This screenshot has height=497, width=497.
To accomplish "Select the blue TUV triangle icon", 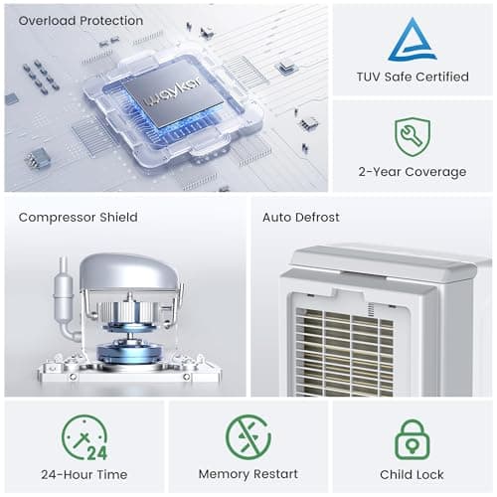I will [x=412, y=40].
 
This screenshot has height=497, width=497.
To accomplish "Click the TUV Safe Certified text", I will [x=412, y=77].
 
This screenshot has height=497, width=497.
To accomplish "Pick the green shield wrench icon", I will [x=412, y=137].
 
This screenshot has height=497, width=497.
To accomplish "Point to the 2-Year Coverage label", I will [x=412, y=172].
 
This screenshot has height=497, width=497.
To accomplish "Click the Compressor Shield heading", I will [x=78, y=217].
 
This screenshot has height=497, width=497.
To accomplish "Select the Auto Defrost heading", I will [x=301, y=217].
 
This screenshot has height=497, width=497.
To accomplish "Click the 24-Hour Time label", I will [x=84, y=474].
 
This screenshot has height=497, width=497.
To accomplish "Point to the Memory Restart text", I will [x=248, y=474].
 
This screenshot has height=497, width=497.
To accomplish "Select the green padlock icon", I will [x=412, y=437].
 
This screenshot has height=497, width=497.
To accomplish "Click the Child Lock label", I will [x=412, y=474].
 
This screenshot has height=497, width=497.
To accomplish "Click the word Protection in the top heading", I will [x=109, y=20].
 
